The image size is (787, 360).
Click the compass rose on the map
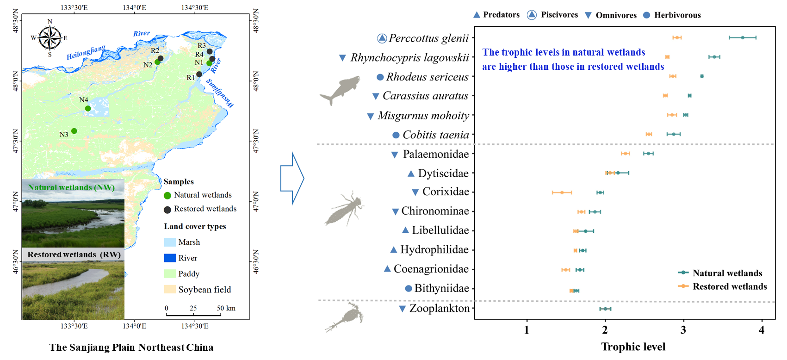tap(50, 37)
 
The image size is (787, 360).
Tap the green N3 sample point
tap(74, 131)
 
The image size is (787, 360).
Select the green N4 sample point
tap(88, 108)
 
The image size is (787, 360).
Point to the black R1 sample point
tap(199, 74)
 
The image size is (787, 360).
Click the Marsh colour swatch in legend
tap(170, 242)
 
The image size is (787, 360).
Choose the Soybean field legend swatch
tap(170, 289)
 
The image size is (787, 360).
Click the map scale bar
tap(193, 315)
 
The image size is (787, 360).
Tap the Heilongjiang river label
tap(86, 52)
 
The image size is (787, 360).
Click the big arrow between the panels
tap(292, 178)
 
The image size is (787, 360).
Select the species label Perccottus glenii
tap(428, 38)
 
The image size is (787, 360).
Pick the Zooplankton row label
tap(439, 308)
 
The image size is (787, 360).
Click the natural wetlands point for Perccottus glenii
tap(743, 37)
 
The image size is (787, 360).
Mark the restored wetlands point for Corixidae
tap(562, 192)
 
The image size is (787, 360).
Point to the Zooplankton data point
tap(605, 309)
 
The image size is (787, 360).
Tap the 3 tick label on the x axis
tap(683, 330)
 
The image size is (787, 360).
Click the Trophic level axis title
tap(633, 347)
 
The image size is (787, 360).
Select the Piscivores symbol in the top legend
tap(532, 15)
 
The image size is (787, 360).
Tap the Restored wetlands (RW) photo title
tap(74, 254)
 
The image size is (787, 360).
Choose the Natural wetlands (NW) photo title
tap(71, 187)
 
